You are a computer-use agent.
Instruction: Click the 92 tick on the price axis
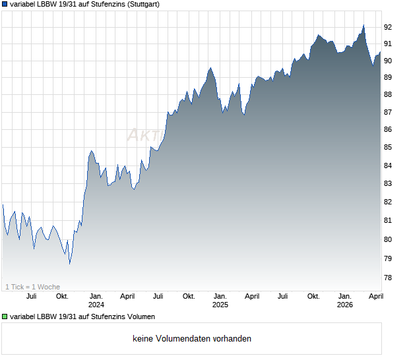(388, 27)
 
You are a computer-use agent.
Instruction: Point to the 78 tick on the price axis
(388, 278)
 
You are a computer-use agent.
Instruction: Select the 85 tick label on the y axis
(388, 148)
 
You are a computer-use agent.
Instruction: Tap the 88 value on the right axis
(388, 95)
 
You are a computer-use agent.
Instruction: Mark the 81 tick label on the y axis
(388, 220)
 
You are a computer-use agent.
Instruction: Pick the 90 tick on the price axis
(388, 61)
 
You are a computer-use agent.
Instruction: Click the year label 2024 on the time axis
(96, 305)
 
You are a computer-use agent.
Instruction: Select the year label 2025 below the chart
(220, 305)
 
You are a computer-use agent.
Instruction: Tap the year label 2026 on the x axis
(344, 305)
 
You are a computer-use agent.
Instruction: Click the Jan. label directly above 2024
(96, 297)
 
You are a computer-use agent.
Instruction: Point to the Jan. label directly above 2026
(344, 297)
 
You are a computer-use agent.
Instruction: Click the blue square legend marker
(5, 4)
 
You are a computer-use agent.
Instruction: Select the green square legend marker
(5, 317)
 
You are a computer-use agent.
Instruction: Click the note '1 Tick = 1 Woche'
(32, 287)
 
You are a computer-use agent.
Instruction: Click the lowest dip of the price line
(69, 264)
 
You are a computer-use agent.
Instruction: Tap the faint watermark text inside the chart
(145, 135)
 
